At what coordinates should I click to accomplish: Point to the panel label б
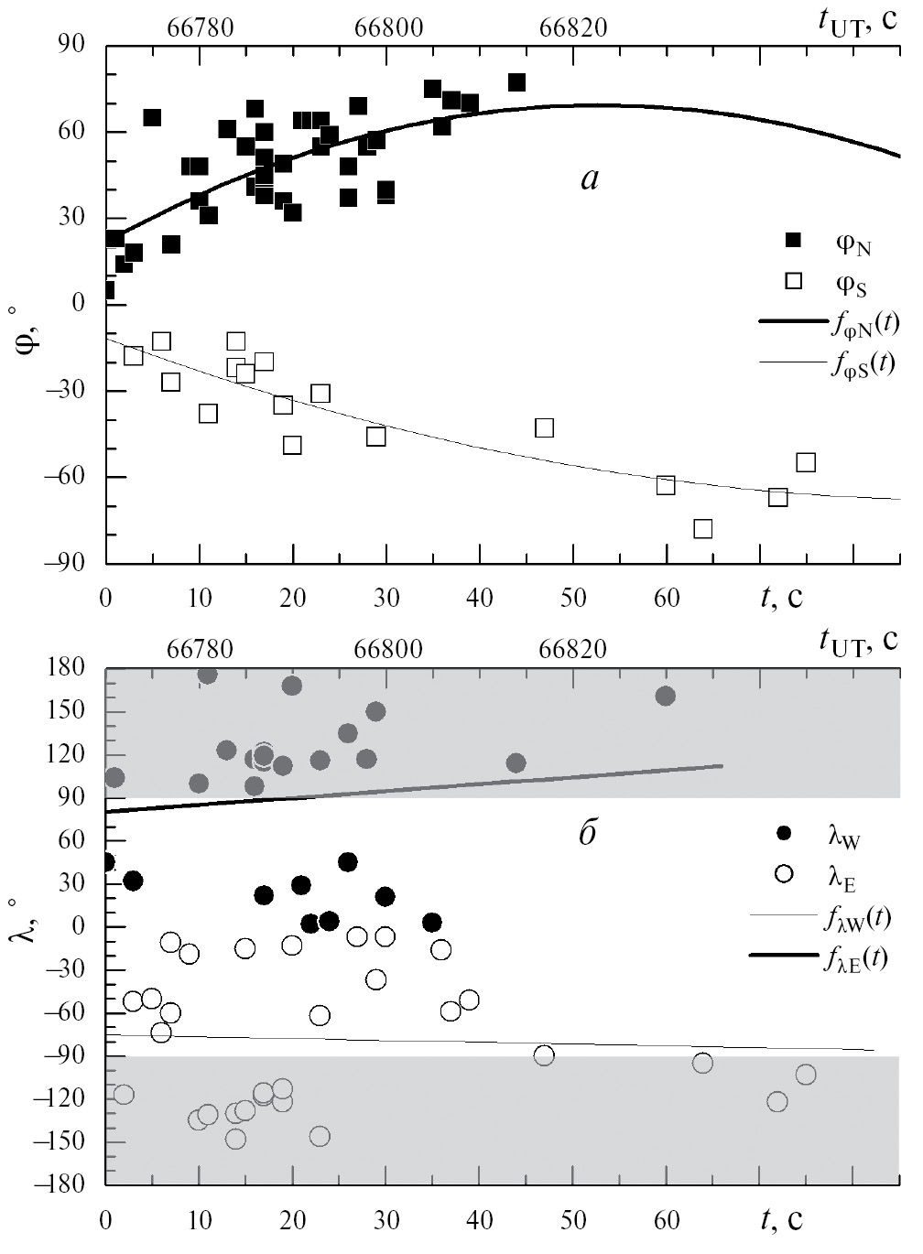click(589, 835)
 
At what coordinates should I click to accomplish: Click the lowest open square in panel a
click(703, 529)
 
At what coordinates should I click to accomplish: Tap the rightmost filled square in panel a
click(516, 82)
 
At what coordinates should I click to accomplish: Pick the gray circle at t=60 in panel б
click(666, 696)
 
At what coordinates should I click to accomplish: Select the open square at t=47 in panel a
click(545, 427)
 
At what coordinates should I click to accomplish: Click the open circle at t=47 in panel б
click(544, 1055)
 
